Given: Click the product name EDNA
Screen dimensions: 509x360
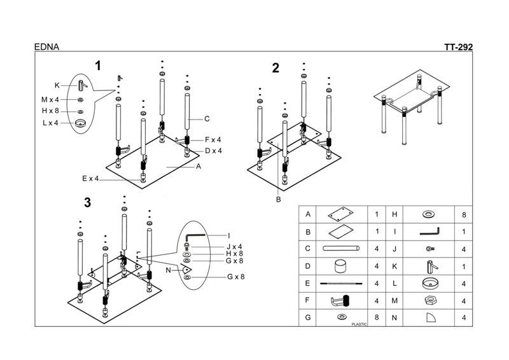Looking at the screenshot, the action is click(46, 47).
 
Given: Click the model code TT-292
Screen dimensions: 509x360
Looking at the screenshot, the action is click(458, 47).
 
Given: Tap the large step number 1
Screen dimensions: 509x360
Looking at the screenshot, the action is click(98, 66).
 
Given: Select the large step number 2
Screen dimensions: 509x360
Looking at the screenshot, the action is click(275, 68).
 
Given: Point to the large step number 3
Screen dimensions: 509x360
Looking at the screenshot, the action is click(87, 202).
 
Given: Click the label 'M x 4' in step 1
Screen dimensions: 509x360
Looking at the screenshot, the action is click(50, 100).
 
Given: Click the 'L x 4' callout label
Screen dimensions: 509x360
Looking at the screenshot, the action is click(50, 123).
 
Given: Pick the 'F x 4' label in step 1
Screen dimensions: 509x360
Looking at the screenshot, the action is click(213, 139).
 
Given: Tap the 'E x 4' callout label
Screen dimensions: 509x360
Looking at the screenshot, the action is click(90, 179).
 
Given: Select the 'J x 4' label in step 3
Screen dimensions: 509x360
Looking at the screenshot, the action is click(234, 247).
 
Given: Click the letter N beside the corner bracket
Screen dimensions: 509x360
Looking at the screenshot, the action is click(168, 270).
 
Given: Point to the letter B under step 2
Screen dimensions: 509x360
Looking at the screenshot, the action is click(278, 200).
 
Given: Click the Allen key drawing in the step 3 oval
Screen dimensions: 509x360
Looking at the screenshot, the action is click(195, 235).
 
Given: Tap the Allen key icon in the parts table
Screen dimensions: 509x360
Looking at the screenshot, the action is click(429, 232).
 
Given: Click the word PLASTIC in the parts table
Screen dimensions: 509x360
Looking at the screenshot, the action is click(359, 324).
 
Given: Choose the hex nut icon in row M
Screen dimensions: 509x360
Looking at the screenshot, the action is click(429, 301).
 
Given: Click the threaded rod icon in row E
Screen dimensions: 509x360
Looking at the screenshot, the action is click(341, 284).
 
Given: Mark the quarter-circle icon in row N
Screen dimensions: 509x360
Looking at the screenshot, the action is click(431, 317).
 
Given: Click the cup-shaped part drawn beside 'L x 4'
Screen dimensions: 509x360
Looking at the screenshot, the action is click(80, 123).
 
